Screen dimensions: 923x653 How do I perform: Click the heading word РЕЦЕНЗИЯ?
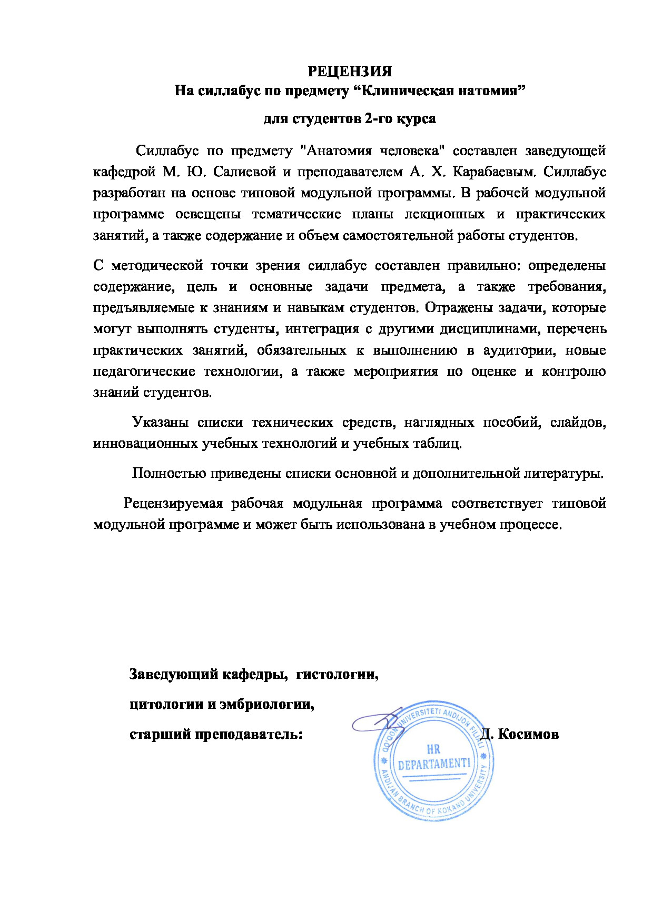[x=350, y=71]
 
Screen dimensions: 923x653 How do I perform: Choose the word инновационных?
[x=146, y=444]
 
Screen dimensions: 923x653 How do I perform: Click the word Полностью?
[x=168, y=474]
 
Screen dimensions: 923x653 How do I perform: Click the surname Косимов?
[x=528, y=734]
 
